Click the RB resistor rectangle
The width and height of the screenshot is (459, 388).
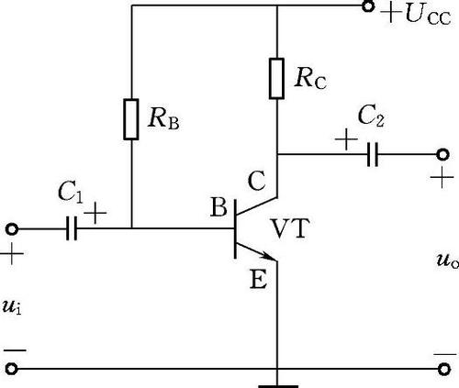click(131, 119)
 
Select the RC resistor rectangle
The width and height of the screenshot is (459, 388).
click(276, 78)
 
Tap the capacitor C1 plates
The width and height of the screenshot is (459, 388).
click(72, 228)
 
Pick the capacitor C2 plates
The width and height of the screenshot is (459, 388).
click(373, 154)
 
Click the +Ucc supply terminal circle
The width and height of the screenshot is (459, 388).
click(368, 6)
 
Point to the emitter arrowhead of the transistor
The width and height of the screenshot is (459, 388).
click(268, 256)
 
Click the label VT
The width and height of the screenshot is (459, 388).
click(290, 228)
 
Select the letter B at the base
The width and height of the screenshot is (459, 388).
click(218, 207)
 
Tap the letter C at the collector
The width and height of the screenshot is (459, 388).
click(256, 181)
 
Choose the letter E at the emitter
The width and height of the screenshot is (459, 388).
click(258, 279)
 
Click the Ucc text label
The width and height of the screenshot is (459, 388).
click(428, 16)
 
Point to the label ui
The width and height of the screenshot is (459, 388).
click(12, 306)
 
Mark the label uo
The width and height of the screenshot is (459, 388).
click(447, 261)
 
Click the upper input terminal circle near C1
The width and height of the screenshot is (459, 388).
click(12, 229)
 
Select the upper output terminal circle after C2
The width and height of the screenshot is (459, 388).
click(442, 154)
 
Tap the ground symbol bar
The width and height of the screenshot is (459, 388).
click(278, 386)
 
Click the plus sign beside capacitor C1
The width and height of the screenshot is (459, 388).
click(95, 212)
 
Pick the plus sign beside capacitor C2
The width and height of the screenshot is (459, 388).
click(346, 139)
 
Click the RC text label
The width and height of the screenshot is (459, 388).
click(310, 79)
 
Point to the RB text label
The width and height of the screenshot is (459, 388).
click(163, 119)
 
